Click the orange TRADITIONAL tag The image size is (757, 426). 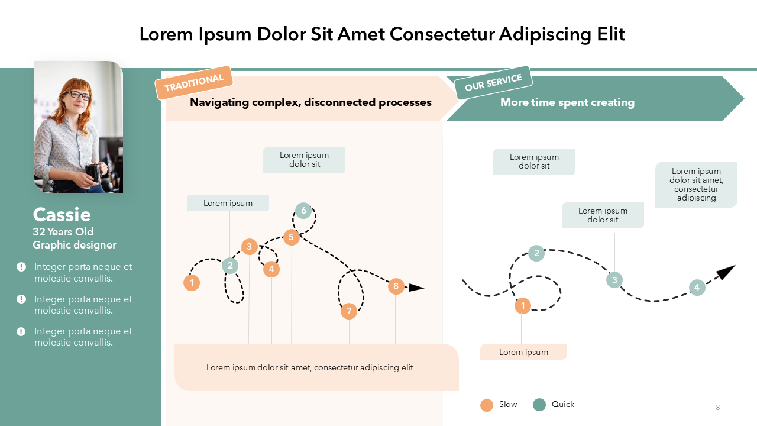(193, 83)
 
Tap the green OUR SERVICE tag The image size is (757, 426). (493, 83)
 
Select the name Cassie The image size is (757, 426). (62, 214)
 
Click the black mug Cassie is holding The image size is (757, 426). (93, 172)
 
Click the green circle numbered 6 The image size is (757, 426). (303, 210)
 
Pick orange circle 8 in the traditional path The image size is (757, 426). (396, 286)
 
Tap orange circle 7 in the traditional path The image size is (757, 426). (349, 311)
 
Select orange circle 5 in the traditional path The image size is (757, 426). (291, 237)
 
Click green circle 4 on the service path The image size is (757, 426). (697, 288)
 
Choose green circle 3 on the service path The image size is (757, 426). (614, 280)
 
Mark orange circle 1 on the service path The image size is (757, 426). (522, 306)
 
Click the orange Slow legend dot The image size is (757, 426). (487, 405)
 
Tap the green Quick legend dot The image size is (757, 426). (539, 405)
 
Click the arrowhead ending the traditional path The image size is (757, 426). (417, 288)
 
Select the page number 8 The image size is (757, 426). (718, 407)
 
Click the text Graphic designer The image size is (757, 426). (75, 245)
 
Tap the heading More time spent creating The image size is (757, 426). (567, 102)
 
